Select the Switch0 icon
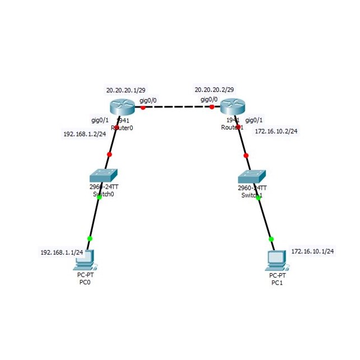(105, 175)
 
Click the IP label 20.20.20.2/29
(214, 90)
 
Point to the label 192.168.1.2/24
(85, 134)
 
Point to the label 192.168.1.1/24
(62, 253)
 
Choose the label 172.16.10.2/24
(275, 131)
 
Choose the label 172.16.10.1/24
(312, 251)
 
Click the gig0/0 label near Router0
(148, 100)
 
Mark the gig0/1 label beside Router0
(100, 119)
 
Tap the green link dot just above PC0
(90, 239)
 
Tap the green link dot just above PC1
(272, 239)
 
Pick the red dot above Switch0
(109, 154)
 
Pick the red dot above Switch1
(246, 155)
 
